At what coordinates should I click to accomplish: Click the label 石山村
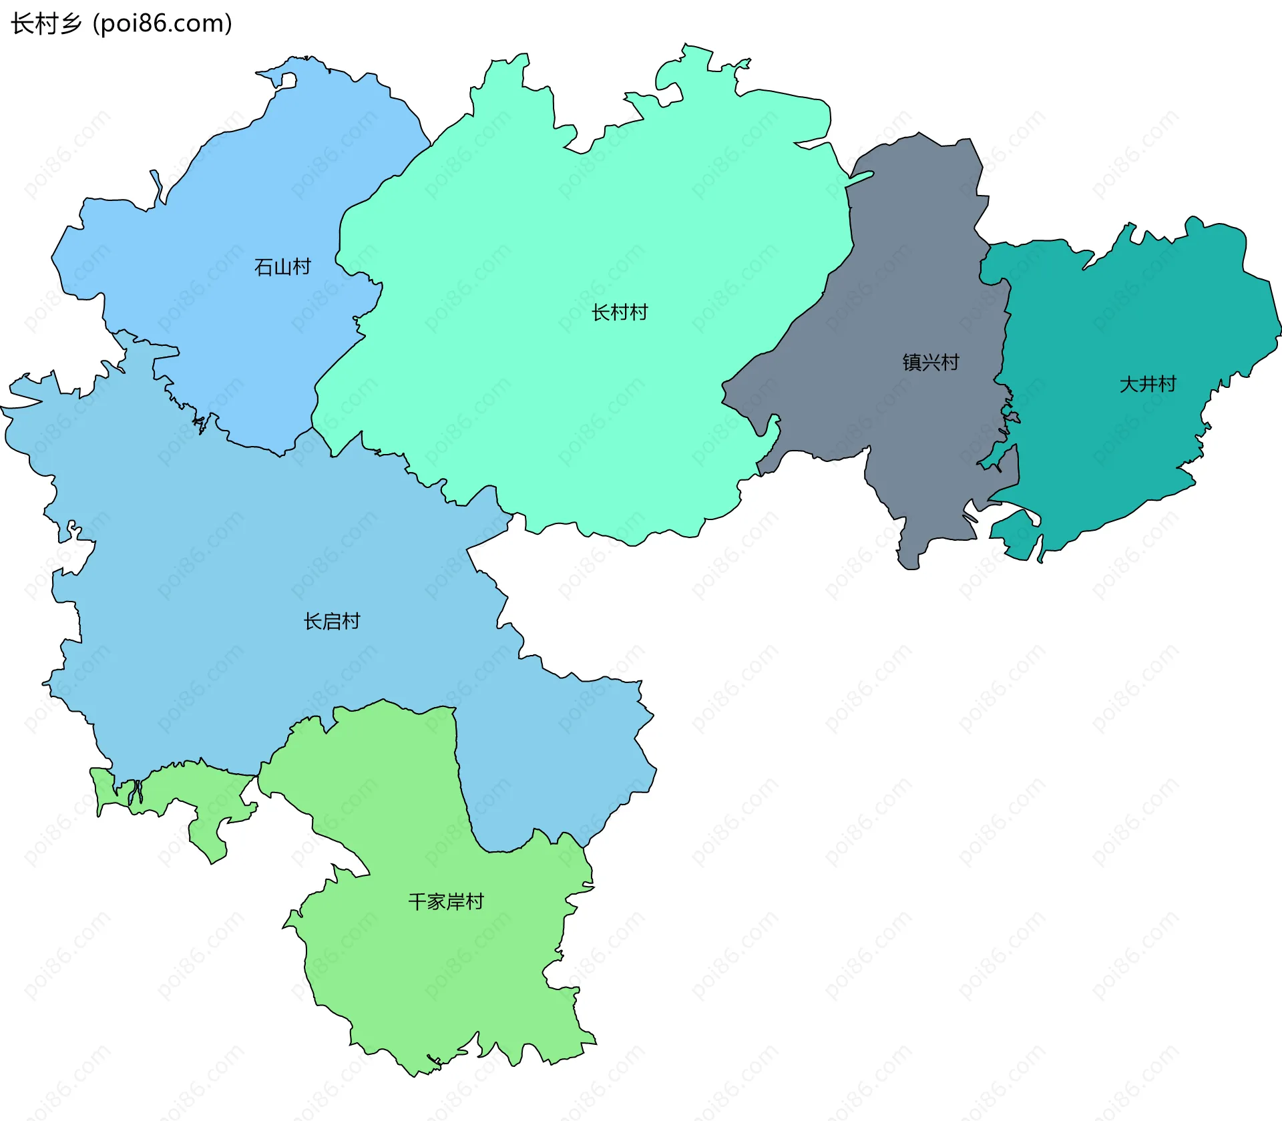tap(282, 267)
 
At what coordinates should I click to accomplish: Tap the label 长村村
tap(620, 312)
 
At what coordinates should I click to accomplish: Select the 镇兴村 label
tap(931, 363)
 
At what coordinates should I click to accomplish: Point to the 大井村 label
tap(1148, 385)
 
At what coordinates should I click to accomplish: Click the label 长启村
tap(332, 622)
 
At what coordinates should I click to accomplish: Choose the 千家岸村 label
tap(446, 902)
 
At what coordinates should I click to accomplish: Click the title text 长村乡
tap(46, 23)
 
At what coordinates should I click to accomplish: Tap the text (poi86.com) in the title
tap(162, 23)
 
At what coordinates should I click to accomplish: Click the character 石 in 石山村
tap(264, 267)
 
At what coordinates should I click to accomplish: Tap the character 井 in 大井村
tap(1148, 385)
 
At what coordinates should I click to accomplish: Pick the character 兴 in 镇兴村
tap(931, 363)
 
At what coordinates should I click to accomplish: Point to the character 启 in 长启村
tap(332, 622)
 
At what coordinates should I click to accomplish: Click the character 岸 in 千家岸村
tap(455, 902)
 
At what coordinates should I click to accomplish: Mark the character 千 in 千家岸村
tap(417, 902)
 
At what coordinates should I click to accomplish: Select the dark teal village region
tap(1122, 320)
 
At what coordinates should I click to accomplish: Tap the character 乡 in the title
tap(70, 23)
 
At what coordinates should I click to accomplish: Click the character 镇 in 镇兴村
tap(912, 363)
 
